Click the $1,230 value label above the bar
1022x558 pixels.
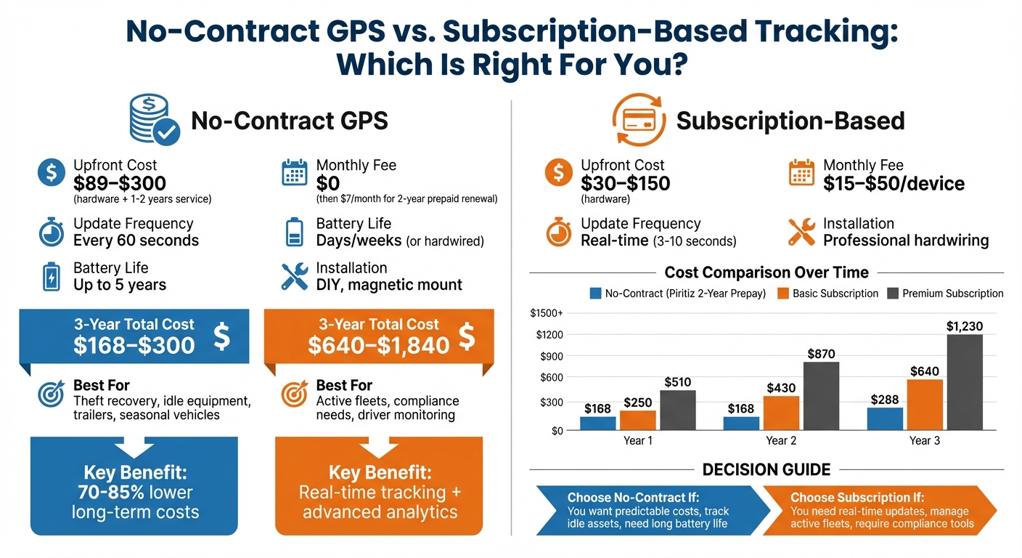tap(965, 326)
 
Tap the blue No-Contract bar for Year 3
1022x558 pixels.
tap(885, 418)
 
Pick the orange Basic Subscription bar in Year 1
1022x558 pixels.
tap(637, 421)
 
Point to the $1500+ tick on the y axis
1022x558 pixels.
tap(547, 313)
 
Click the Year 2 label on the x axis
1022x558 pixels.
tap(776, 440)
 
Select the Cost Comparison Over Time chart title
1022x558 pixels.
tap(766, 272)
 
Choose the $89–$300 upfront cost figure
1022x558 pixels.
tap(120, 183)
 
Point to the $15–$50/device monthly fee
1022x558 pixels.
tap(894, 183)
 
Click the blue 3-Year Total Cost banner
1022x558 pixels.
tap(134, 336)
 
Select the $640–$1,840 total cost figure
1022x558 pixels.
tap(379, 345)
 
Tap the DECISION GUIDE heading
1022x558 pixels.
tap(766, 469)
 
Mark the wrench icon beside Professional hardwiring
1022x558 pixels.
tap(802, 232)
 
